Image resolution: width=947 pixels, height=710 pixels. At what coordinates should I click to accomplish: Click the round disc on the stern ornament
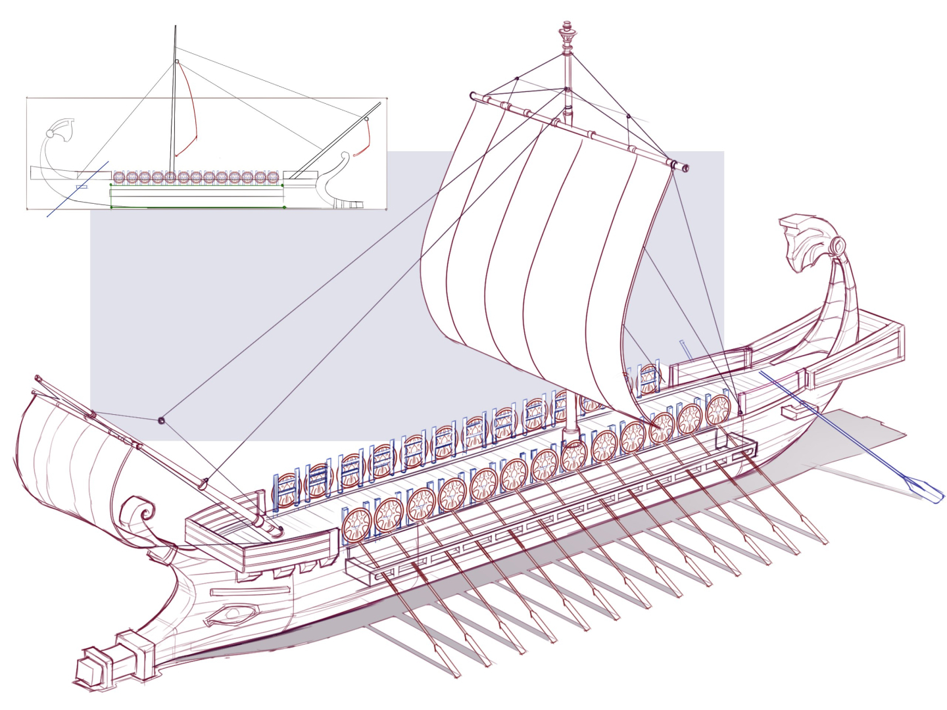tap(838, 246)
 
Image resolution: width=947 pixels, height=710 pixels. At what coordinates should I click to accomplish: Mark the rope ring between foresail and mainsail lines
tap(162, 419)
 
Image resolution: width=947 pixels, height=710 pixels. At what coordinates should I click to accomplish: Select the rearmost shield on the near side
tap(718, 410)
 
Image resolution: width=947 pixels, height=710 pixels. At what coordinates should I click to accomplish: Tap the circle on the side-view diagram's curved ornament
tap(49, 133)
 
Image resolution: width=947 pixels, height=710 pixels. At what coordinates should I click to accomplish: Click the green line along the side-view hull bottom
tap(197, 207)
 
